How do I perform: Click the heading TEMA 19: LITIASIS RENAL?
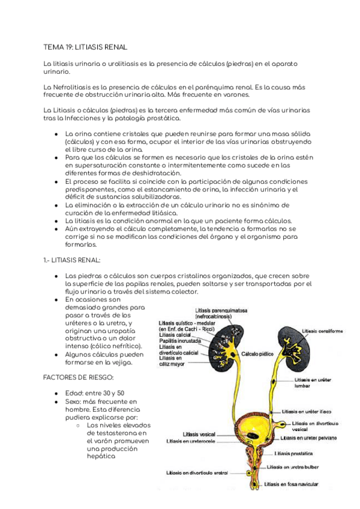[x=85, y=46]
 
